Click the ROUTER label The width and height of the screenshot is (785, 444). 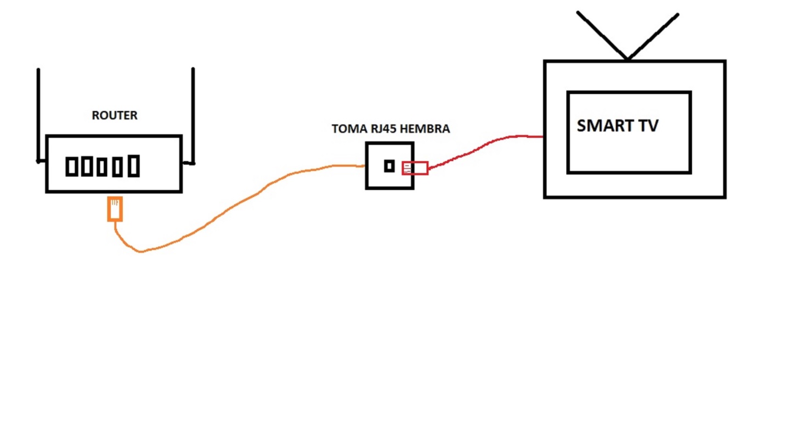115,115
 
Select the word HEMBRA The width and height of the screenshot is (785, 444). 425,129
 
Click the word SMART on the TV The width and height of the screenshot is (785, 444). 603,126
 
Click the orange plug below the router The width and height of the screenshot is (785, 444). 115,209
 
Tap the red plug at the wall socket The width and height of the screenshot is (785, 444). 415,168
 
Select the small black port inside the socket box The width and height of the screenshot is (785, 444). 389,166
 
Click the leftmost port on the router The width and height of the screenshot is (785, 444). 72,167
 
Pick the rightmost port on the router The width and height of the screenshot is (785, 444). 133,166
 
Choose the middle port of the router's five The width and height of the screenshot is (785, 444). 102,167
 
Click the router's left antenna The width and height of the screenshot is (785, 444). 38,116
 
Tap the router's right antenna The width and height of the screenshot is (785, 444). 193,116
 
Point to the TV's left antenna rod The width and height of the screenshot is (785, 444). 602,35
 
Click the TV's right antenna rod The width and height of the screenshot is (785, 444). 653,36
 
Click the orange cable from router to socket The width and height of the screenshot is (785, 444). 224,209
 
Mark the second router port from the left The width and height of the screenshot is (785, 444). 87,166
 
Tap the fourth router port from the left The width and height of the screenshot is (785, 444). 117,167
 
